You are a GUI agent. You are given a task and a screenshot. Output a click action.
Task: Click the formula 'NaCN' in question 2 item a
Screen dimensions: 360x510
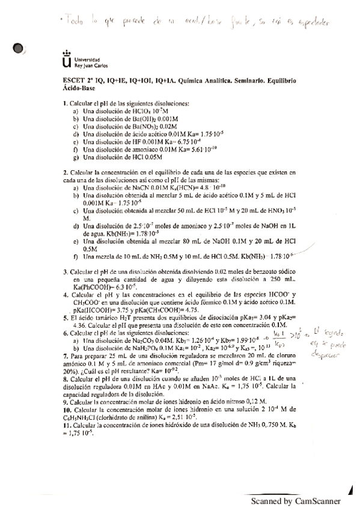[130, 187]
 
